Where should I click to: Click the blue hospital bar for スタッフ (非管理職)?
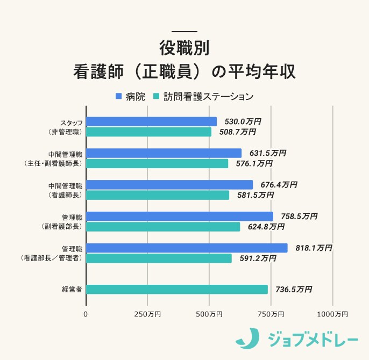click(151, 121)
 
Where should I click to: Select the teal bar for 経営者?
click(176, 289)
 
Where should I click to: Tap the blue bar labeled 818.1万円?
click(187, 248)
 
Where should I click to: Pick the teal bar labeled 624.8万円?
click(163, 227)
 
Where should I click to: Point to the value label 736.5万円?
click(294, 289)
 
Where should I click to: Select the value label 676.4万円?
click(279, 185)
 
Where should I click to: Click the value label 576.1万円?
click(254, 163)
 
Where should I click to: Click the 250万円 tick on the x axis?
click(147, 313)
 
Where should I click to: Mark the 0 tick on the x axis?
click(86, 313)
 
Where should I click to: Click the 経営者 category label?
click(72, 289)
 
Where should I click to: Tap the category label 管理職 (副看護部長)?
click(62, 221)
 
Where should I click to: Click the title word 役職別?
click(184, 47)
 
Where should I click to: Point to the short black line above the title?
click(184, 31)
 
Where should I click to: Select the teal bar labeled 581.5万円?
click(158, 195)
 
